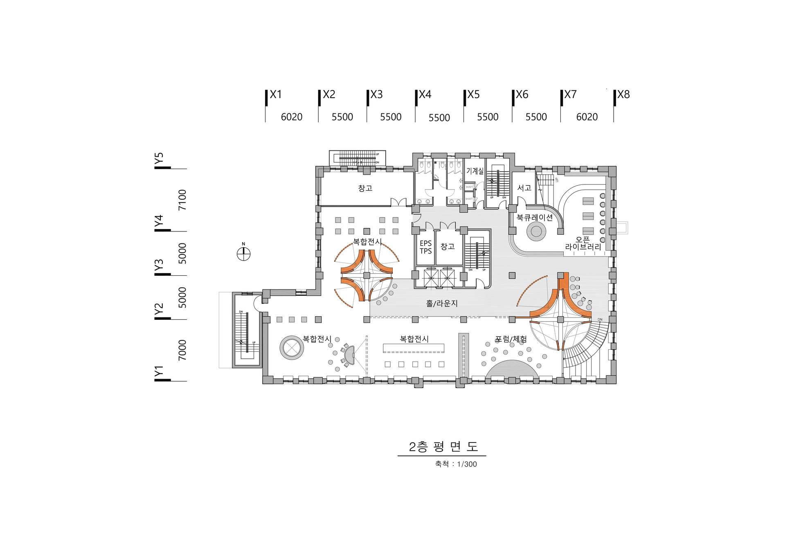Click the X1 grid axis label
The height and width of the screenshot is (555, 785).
(x=276, y=95)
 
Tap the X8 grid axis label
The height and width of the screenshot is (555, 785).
(x=623, y=95)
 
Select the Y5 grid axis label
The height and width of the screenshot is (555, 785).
(x=159, y=158)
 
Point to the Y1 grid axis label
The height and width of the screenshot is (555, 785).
(x=159, y=372)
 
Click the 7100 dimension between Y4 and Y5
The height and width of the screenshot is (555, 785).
(x=182, y=200)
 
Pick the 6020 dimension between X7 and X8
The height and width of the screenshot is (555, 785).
(x=587, y=117)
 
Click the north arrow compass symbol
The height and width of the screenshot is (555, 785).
(x=243, y=254)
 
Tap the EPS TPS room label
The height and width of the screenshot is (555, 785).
(x=425, y=247)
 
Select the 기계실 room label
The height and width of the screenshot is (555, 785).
(x=475, y=171)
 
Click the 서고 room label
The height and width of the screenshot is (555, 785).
(x=524, y=188)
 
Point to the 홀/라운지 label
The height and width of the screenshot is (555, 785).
(x=442, y=303)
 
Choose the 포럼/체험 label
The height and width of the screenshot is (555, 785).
(x=511, y=339)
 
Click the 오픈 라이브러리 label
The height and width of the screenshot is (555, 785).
(x=583, y=243)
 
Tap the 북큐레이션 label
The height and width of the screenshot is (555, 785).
(x=535, y=218)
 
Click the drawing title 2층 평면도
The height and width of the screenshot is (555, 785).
(x=443, y=447)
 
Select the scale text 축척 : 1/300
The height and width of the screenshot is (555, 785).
(x=456, y=464)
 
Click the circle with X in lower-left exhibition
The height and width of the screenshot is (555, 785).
(x=292, y=348)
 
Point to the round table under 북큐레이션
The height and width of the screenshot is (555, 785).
(x=536, y=231)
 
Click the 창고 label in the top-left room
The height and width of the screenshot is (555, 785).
(x=365, y=188)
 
